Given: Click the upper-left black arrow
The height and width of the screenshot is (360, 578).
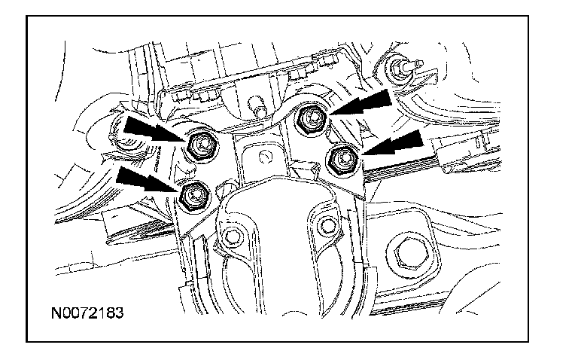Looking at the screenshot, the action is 154,129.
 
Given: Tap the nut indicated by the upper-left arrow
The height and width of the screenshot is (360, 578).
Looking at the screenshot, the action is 201,146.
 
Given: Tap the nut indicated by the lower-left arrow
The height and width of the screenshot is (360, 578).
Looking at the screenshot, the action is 194,197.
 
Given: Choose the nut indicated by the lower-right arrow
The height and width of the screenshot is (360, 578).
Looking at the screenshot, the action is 343,160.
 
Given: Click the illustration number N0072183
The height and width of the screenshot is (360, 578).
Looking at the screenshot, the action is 87,313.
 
